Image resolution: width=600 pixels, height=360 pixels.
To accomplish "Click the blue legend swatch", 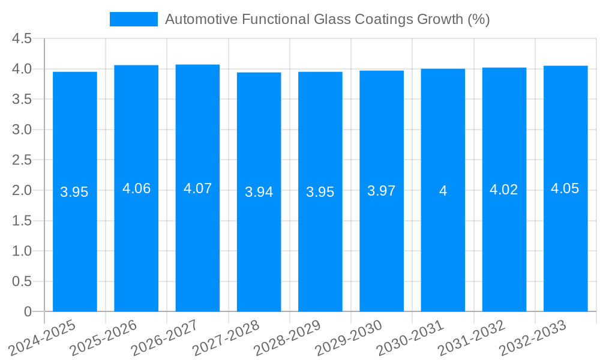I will click(133, 19).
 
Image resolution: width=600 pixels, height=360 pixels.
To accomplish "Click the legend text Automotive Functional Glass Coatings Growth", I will click(327, 19).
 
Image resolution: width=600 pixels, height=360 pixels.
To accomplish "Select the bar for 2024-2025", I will click(75, 191).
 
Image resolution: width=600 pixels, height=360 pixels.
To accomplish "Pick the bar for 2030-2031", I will click(443, 190).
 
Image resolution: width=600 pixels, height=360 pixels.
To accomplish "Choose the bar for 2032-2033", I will click(565, 188).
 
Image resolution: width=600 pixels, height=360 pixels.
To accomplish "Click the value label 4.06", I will click(136, 188).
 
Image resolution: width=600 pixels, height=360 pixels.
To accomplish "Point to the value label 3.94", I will click(259, 192).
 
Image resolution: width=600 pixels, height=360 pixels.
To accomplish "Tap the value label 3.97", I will click(382, 191).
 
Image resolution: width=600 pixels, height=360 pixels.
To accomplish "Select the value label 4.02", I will click(504, 190).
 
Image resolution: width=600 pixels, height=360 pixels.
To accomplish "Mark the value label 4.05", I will click(565, 188).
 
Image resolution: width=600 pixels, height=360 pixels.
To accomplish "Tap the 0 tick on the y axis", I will click(28, 311).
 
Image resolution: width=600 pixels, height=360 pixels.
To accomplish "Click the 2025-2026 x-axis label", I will click(104, 338).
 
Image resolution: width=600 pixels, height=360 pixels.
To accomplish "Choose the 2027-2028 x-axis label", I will click(226, 338).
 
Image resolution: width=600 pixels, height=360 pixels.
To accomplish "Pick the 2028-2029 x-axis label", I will click(287, 338).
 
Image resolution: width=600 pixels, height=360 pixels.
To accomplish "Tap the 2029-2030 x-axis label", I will click(349, 338).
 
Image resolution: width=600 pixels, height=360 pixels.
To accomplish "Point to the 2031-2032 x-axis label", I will click(472, 338).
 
